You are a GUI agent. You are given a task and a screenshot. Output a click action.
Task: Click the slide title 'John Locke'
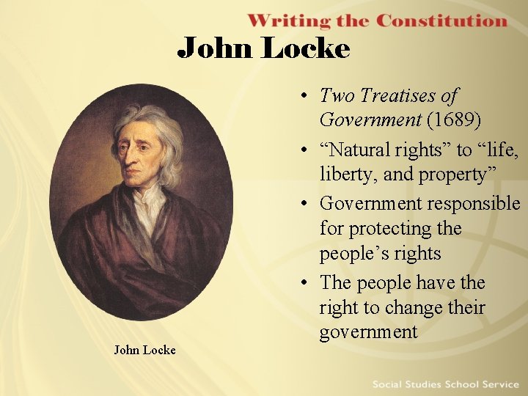pyautogui.click(x=264, y=48)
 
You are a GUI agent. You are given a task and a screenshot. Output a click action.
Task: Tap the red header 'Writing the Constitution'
pyautogui.click(x=377, y=21)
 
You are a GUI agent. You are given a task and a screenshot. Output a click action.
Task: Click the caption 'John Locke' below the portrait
pyautogui.click(x=144, y=350)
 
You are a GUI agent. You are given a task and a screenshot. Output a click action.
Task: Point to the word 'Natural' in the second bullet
pyautogui.click(x=362, y=150)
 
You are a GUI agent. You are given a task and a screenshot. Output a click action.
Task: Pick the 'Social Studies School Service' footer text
pyautogui.click(x=444, y=384)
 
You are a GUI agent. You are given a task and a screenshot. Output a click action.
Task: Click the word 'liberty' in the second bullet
pyautogui.click(x=344, y=175)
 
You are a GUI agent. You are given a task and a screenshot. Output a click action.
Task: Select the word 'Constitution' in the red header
pyautogui.click(x=441, y=21)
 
